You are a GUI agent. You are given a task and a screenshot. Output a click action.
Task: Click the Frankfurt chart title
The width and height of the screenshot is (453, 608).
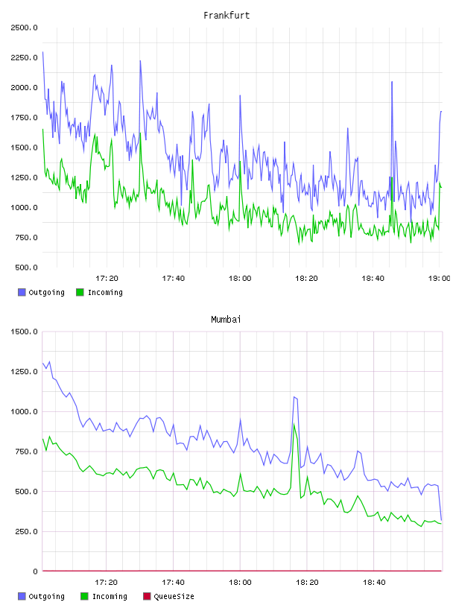point(226,16)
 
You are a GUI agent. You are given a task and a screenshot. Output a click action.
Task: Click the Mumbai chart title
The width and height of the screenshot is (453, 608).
point(226,320)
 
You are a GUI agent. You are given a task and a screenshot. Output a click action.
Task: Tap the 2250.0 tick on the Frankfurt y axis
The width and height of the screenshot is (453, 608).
point(24,58)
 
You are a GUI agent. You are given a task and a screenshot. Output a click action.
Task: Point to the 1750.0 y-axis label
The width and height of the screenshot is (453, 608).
point(24,118)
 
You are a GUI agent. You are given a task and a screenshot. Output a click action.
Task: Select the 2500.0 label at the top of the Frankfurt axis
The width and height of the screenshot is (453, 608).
point(24,28)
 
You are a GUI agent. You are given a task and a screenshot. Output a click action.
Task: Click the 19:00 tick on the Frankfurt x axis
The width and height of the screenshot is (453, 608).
point(439,279)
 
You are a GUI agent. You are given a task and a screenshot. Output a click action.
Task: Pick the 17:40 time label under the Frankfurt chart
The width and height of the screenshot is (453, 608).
point(174,279)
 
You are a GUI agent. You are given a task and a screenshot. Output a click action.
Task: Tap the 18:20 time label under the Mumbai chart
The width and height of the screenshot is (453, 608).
point(307,583)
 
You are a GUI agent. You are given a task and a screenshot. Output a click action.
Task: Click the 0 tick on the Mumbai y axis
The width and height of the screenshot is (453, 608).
point(35,571)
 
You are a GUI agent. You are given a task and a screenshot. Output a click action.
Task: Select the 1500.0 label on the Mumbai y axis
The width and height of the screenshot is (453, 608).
point(24,332)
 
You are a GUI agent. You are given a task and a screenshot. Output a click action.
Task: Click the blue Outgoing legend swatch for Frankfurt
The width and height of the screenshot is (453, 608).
point(22,292)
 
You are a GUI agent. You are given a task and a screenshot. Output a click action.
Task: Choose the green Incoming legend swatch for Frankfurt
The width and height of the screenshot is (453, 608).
point(80,292)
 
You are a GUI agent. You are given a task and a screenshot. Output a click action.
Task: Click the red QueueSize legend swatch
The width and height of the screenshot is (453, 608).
point(147,596)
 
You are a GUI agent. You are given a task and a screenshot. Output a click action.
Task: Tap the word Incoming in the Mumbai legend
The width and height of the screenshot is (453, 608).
point(110,596)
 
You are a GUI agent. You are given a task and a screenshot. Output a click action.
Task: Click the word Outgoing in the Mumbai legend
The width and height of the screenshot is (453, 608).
point(46,596)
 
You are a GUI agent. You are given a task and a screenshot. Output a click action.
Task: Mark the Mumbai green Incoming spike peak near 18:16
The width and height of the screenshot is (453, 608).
point(294,425)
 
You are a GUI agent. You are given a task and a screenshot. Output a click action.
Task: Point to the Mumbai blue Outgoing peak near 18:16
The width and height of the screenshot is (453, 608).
point(294,397)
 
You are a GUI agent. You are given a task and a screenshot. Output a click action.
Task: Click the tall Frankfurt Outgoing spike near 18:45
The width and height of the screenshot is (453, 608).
point(392,82)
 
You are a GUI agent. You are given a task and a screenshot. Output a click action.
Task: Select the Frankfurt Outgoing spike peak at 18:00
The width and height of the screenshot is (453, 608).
point(240,96)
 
